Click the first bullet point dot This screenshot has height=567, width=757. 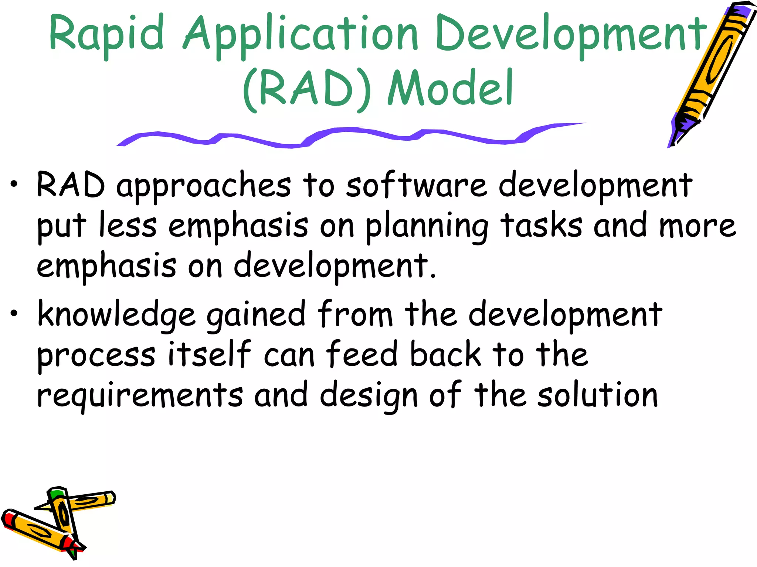pos(14,185)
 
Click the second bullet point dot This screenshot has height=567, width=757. pos(14,314)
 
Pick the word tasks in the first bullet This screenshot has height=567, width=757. pos(541,225)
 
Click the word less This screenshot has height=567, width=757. pos(128,225)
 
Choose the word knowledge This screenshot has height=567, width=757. pos(116,315)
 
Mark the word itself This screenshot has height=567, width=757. pos(209,354)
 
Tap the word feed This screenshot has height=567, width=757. pos(361,354)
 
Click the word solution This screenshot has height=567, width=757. pos(597,395)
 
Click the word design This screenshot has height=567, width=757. pos(369,396)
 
